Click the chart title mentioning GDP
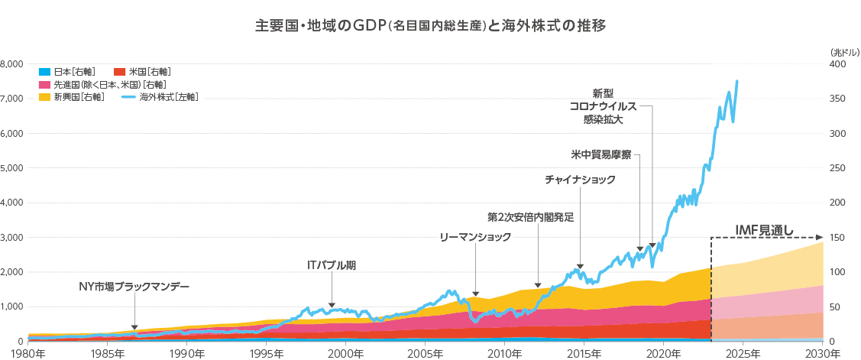(431, 26)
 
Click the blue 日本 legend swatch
(44, 71)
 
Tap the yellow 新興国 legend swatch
(44, 97)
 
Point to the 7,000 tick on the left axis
(13, 99)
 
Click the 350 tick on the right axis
(837, 99)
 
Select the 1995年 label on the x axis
(267, 353)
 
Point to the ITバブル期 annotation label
(331, 266)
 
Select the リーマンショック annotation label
(475, 238)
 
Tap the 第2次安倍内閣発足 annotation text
(530, 217)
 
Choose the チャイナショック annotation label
(580, 180)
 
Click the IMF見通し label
(765, 229)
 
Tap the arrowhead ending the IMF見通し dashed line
(820, 237)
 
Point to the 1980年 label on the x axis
(30, 353)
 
